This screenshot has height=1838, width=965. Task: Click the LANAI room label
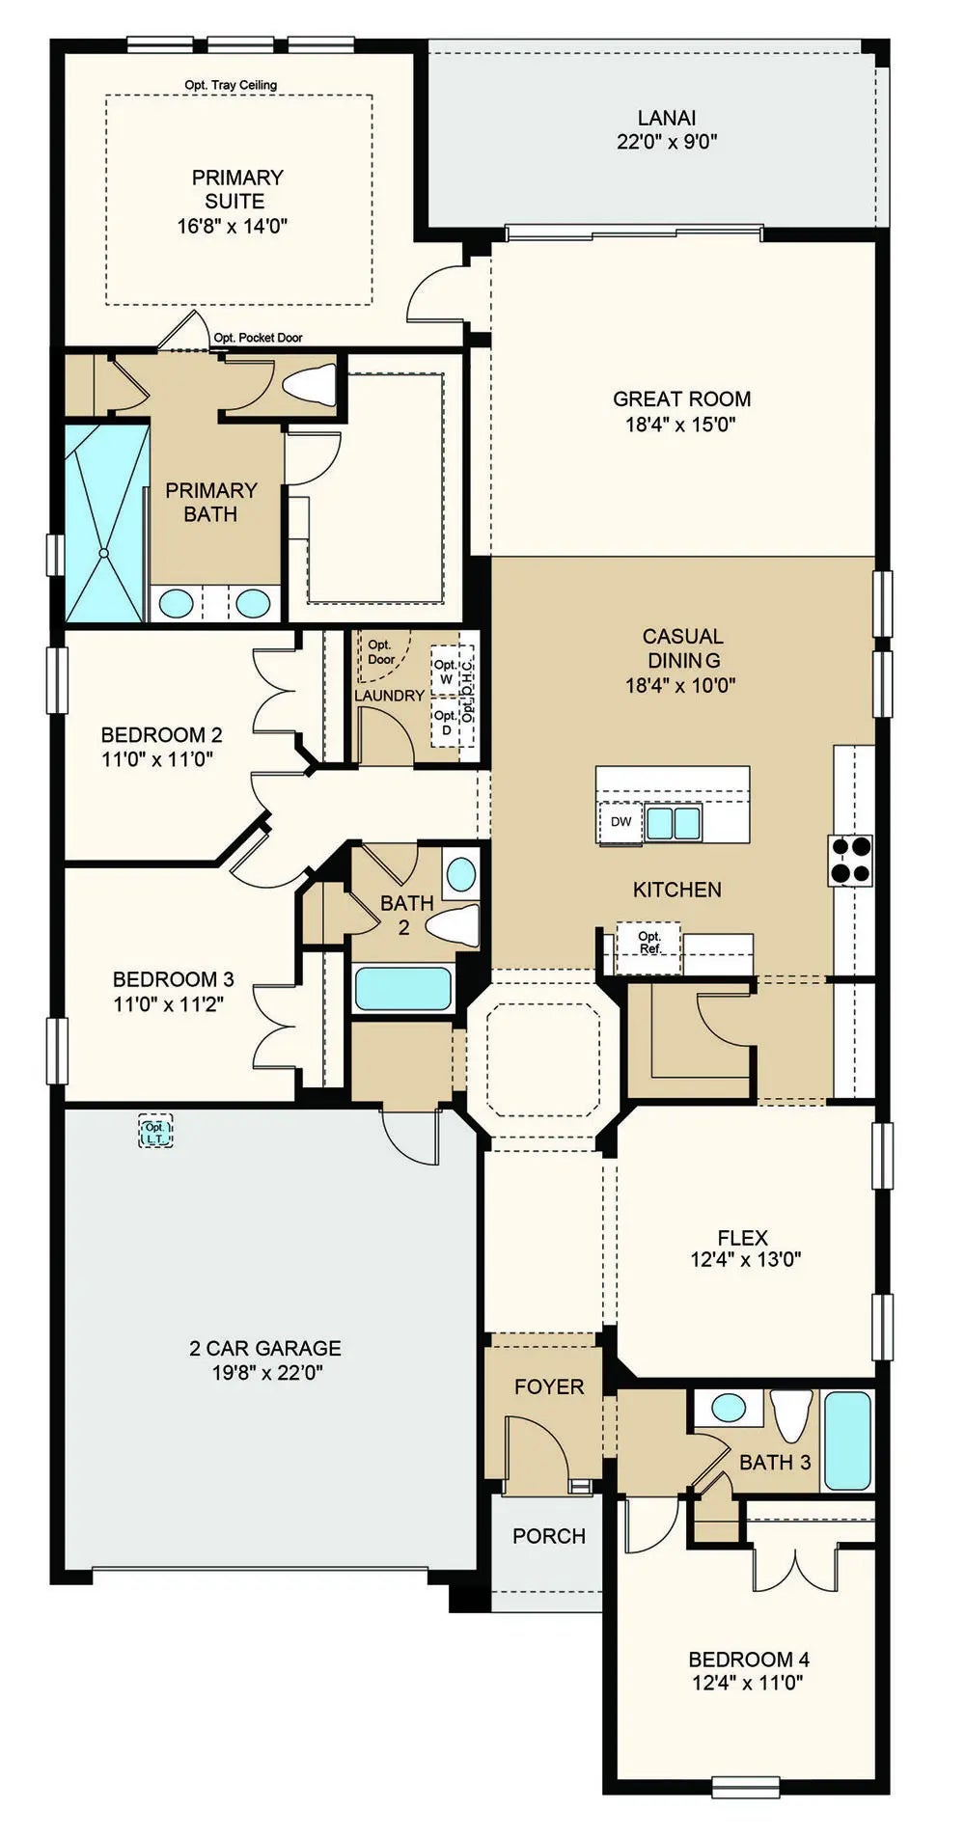[x=667, y=118]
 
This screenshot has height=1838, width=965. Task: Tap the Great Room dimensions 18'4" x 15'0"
[x=681, y=424]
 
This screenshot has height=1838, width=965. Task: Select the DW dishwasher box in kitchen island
[x=621, y=822]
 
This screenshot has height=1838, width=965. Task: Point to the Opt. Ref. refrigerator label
[x=649, y=943]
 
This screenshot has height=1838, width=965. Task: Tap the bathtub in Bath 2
[x=403, y=989]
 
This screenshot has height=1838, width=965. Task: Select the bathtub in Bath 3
[x=849, y=1440]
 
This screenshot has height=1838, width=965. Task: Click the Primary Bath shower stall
[x=107, y=522]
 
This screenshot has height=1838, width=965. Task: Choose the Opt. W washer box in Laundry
[x=445, y=671]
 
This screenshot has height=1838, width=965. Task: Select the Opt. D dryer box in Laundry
[x=445, y=722]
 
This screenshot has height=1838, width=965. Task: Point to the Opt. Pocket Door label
[x=258, y=338]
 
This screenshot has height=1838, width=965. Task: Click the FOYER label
[x=549, y=1386]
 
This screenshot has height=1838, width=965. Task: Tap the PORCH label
[x=549, y=1535]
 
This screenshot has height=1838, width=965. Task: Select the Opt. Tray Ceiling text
[x=231, y=85]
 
